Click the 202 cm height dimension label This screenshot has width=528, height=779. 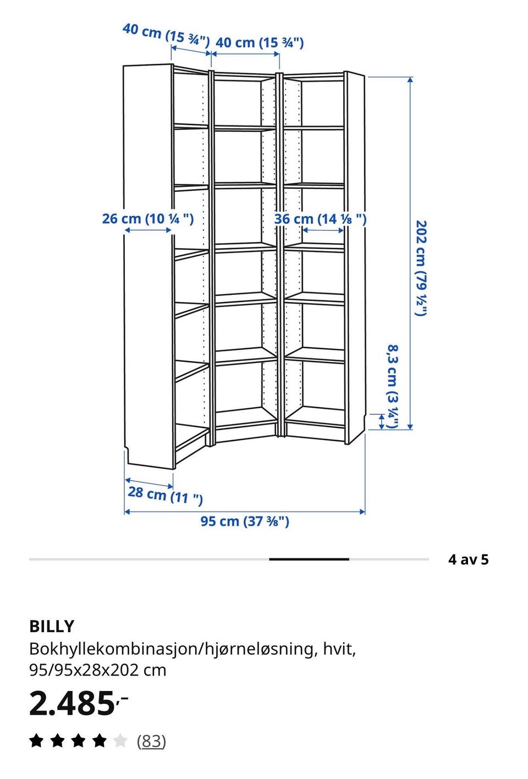(421, 268)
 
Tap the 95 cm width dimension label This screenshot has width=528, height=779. (245, 522)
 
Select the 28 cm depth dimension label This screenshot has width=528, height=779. (165, 495)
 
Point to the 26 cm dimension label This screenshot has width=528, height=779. (148, 219)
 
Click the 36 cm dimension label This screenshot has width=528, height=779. (320, 219)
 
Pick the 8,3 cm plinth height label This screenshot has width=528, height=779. (393, 386)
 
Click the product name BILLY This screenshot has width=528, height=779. (52, 626)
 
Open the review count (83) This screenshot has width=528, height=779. (151, 741)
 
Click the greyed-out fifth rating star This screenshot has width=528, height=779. (120, 740)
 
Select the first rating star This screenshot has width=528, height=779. (36, 740)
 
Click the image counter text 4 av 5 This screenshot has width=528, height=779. (468, 559)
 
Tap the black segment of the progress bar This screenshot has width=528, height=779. (309, 559)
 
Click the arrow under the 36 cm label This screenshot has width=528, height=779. (323, 230)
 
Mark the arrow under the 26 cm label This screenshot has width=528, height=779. (148, 230)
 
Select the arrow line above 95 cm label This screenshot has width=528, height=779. (245, 512)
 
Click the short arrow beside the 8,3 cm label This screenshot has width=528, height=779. (381, 421)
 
